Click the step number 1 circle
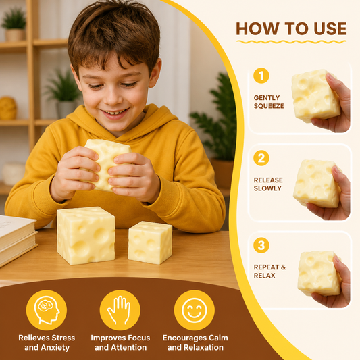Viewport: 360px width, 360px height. tap(261, 76)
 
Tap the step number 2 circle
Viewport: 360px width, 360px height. tap(261, 158)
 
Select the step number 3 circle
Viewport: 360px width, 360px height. tap(261, 245)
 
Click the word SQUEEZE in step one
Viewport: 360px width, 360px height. tap(269, 106)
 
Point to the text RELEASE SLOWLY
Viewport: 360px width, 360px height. tap(268, 184)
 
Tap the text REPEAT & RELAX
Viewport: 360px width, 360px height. tap(269, 271)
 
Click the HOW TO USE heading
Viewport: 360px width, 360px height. tap(291, 28)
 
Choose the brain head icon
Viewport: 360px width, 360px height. tap(47, 310)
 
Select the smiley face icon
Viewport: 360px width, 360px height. tap(195, 310)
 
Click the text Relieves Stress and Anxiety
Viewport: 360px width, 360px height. tap(47, 342)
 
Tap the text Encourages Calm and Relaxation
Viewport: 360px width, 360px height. tap(195, 342)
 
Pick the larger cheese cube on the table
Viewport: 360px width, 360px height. tap(86, 235)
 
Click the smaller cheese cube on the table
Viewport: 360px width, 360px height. tap(150, 242)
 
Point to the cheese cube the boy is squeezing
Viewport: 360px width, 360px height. tap(106, 165)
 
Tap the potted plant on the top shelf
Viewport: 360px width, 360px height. tap(15, 25)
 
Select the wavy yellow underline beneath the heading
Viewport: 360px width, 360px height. tap(291, 42)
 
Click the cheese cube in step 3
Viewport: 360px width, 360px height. tap(319, 274)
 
